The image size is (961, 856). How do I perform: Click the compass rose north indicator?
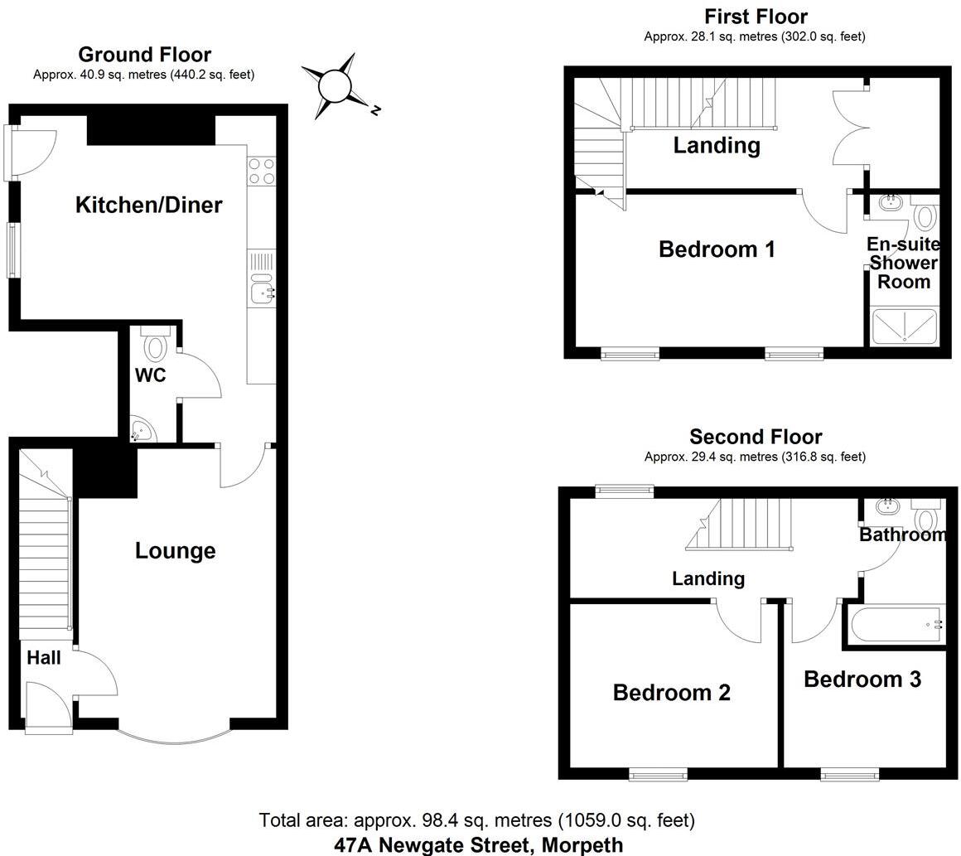[x=336, y=85]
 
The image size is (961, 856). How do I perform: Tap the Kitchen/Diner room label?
[x=149, y=205]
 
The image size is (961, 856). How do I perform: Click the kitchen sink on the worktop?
[x=262, y=291]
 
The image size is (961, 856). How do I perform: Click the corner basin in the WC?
[x=142, y=430]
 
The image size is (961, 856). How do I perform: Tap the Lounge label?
[x=175, y=551]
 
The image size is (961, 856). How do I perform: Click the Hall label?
[x=43, y=658]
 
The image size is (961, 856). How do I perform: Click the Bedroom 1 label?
[x=717, y=249]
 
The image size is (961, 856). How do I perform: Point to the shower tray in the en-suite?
[x=905, y=326]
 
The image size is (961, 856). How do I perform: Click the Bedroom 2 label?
[x=671, y=693]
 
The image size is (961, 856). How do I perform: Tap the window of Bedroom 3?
[x=850, y=775]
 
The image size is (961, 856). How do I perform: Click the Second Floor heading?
[x=756, y=437]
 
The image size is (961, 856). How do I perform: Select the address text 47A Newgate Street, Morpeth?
[x=478, y=845]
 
